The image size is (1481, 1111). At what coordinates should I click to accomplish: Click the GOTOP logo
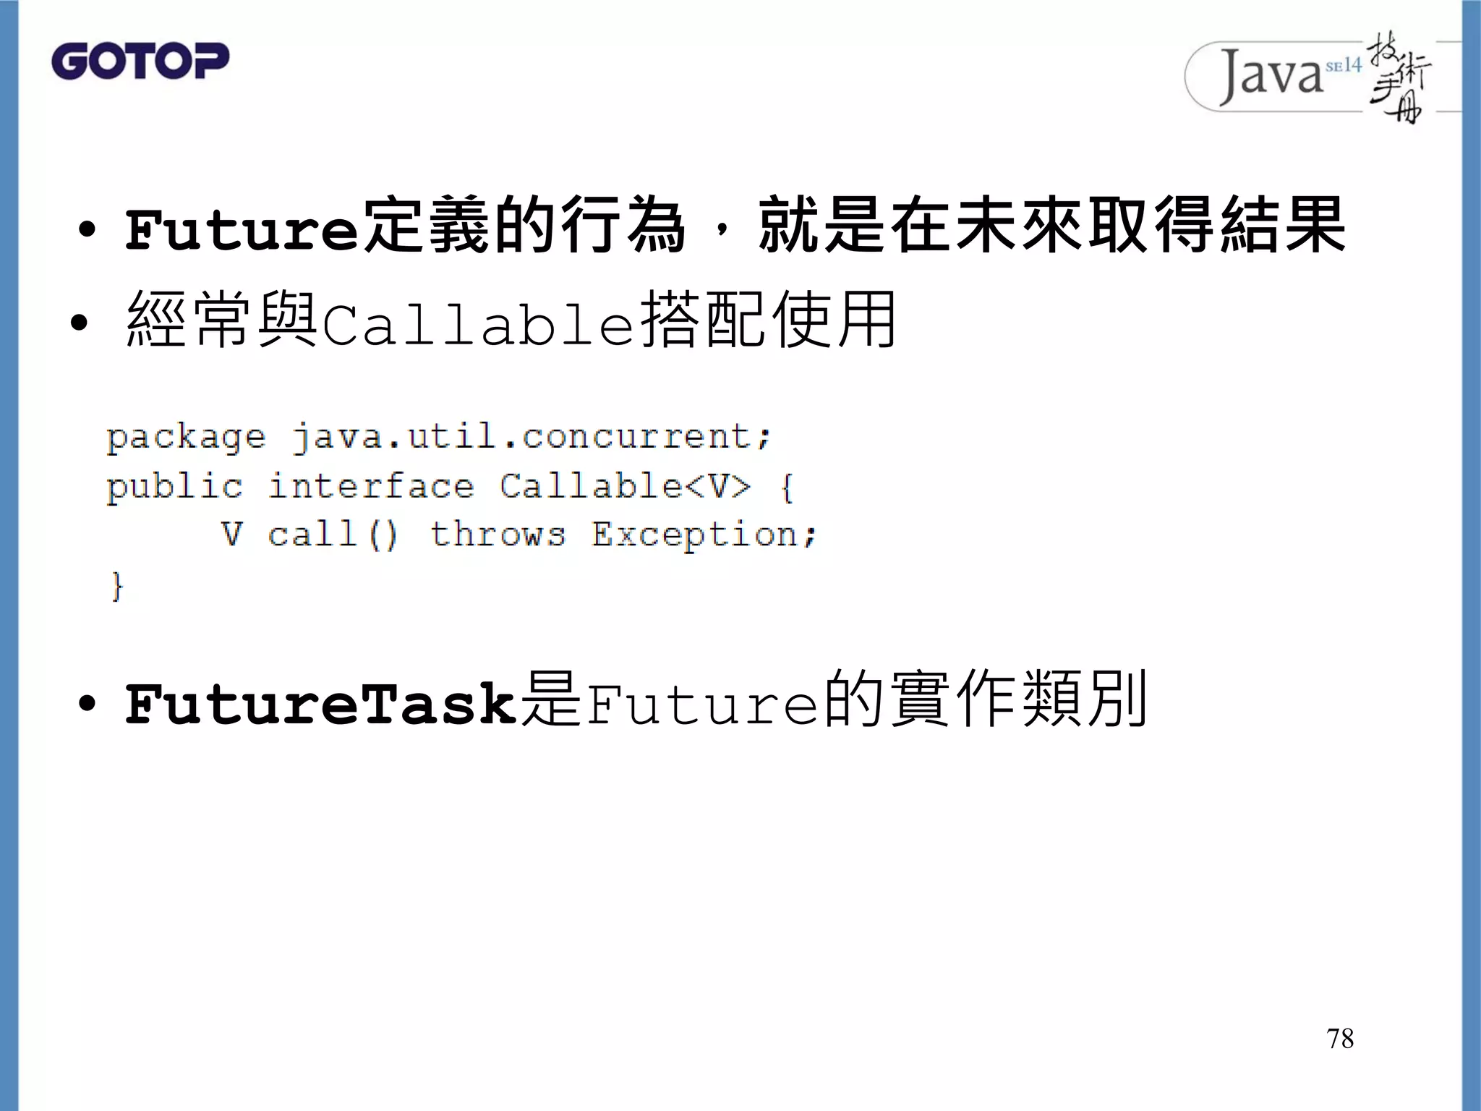click(x=140, y=61)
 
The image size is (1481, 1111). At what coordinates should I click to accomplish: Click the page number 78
click(x=1340, y=1039)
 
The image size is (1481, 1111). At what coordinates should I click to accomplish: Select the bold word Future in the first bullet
click(x=242, y=230)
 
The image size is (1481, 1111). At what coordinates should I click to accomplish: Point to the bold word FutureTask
click(x=321, y=705)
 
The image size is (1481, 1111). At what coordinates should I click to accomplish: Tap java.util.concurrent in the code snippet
click(x=531, y=436)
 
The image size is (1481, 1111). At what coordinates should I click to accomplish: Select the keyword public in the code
click(x=174, y=487)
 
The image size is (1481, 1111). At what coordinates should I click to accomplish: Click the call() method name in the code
click(x=332, y=535)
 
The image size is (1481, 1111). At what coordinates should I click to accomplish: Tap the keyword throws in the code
click(x=498, y=535)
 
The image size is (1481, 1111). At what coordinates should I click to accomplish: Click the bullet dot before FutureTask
click(x=87, y=704)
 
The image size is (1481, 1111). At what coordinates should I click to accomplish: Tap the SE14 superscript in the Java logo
click(x=1344, y=66)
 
